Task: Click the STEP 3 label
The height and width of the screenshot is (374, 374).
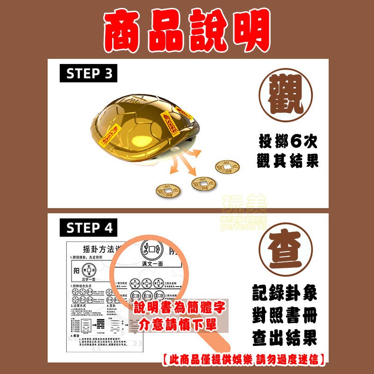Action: click(x=88, y=74)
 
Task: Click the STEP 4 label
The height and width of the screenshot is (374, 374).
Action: click(x=88, y=228)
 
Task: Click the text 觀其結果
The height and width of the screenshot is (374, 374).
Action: click(x=288, y=161)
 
